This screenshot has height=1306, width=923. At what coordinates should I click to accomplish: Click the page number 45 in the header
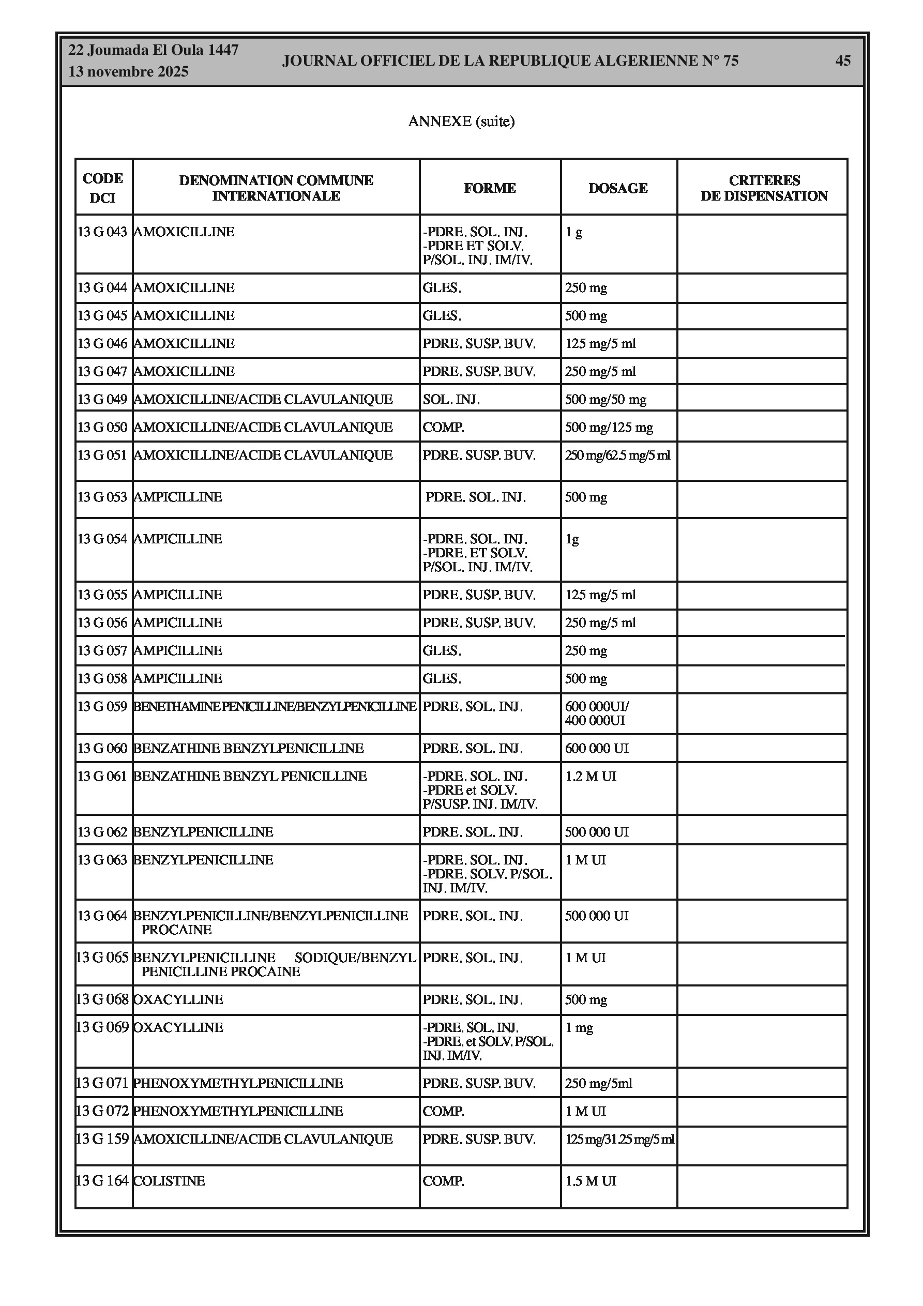coord(843,61)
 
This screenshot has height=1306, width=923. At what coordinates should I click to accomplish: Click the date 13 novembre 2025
coord(128,72)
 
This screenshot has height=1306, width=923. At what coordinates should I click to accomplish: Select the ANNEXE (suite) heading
coord(461,121)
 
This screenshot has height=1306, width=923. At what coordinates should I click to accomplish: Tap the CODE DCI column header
coord(103,188)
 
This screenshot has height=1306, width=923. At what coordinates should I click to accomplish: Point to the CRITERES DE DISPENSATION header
coord(764,188)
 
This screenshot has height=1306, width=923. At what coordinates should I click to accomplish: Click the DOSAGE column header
coord(618,188)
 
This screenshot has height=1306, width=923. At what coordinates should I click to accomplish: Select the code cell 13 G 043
coord(102,232)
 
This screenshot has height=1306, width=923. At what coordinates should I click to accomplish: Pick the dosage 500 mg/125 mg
coord(608,427)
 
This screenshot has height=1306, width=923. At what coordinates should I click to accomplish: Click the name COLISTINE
coord(169,1181)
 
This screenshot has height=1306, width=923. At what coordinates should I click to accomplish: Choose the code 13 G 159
coord(102,1139)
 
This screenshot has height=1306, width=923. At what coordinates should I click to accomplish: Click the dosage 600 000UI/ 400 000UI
coord(596,713)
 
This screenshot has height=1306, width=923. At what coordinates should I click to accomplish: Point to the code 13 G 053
coord(102,497)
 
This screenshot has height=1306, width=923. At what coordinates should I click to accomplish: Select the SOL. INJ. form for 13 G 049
coord(451,399)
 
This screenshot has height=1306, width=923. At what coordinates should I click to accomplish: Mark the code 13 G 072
coord(102,1111)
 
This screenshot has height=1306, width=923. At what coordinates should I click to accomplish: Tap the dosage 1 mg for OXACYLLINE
coord(579,1027)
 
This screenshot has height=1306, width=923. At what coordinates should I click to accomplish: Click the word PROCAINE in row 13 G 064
coord(176,930)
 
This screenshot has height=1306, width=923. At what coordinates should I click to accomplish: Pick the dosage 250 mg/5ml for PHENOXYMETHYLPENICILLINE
coord(598,1083)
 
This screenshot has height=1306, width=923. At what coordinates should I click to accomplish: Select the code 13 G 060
coord(102,749)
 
